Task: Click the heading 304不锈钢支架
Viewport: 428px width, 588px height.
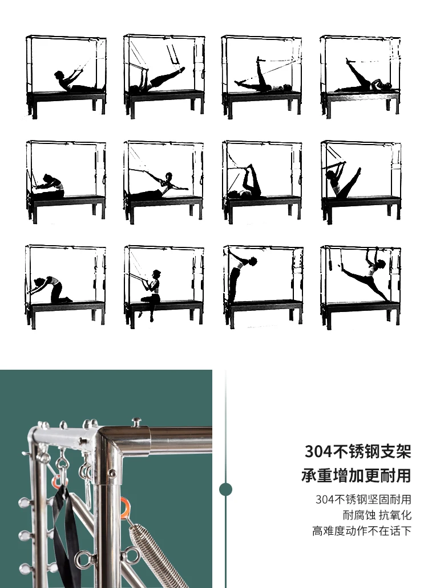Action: [x=358, y=451]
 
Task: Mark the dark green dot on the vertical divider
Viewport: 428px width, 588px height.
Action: [x=226, y=489]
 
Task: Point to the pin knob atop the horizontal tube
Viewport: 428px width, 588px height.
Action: [x=136, y=422]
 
